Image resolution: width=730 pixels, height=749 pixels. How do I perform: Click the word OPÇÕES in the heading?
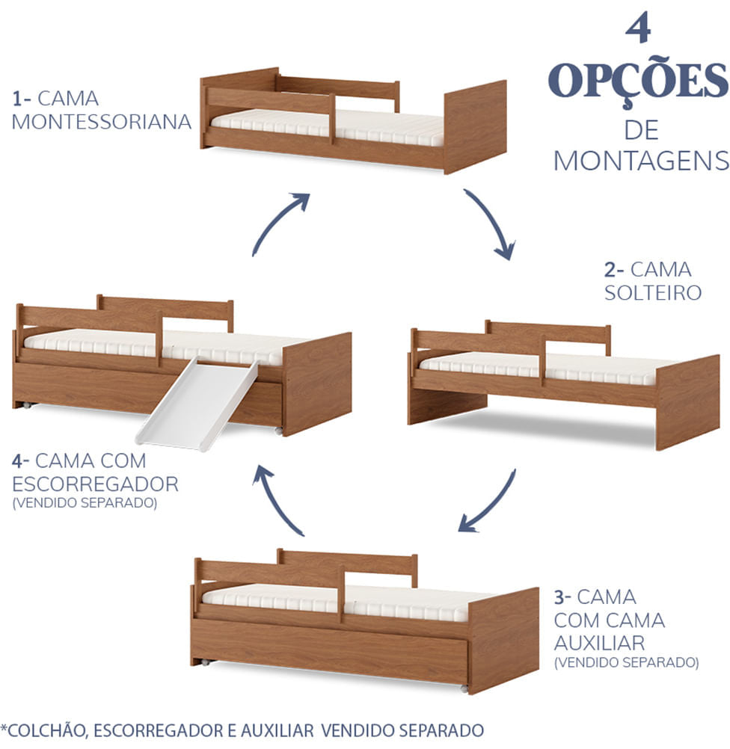coord(638,81)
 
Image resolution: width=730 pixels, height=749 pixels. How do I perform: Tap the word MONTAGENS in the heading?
coord(641,160)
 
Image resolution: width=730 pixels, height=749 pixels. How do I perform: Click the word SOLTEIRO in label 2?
coord(653,292)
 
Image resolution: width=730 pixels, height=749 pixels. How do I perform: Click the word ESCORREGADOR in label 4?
coord(96,483)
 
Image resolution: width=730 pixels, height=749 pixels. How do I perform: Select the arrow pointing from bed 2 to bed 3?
coord(487,502)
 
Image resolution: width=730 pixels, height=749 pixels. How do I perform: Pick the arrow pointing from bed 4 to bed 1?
coord(280,223)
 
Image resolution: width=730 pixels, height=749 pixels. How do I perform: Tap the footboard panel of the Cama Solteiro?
coord(687,401)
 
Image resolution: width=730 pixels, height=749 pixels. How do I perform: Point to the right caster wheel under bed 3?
coord(464,687)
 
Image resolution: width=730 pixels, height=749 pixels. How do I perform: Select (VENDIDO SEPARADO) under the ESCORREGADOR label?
coord(85,503)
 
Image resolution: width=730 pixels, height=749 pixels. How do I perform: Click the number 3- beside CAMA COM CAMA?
coord(563,597)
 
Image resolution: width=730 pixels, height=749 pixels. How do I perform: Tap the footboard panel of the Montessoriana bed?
coord(475,125)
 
